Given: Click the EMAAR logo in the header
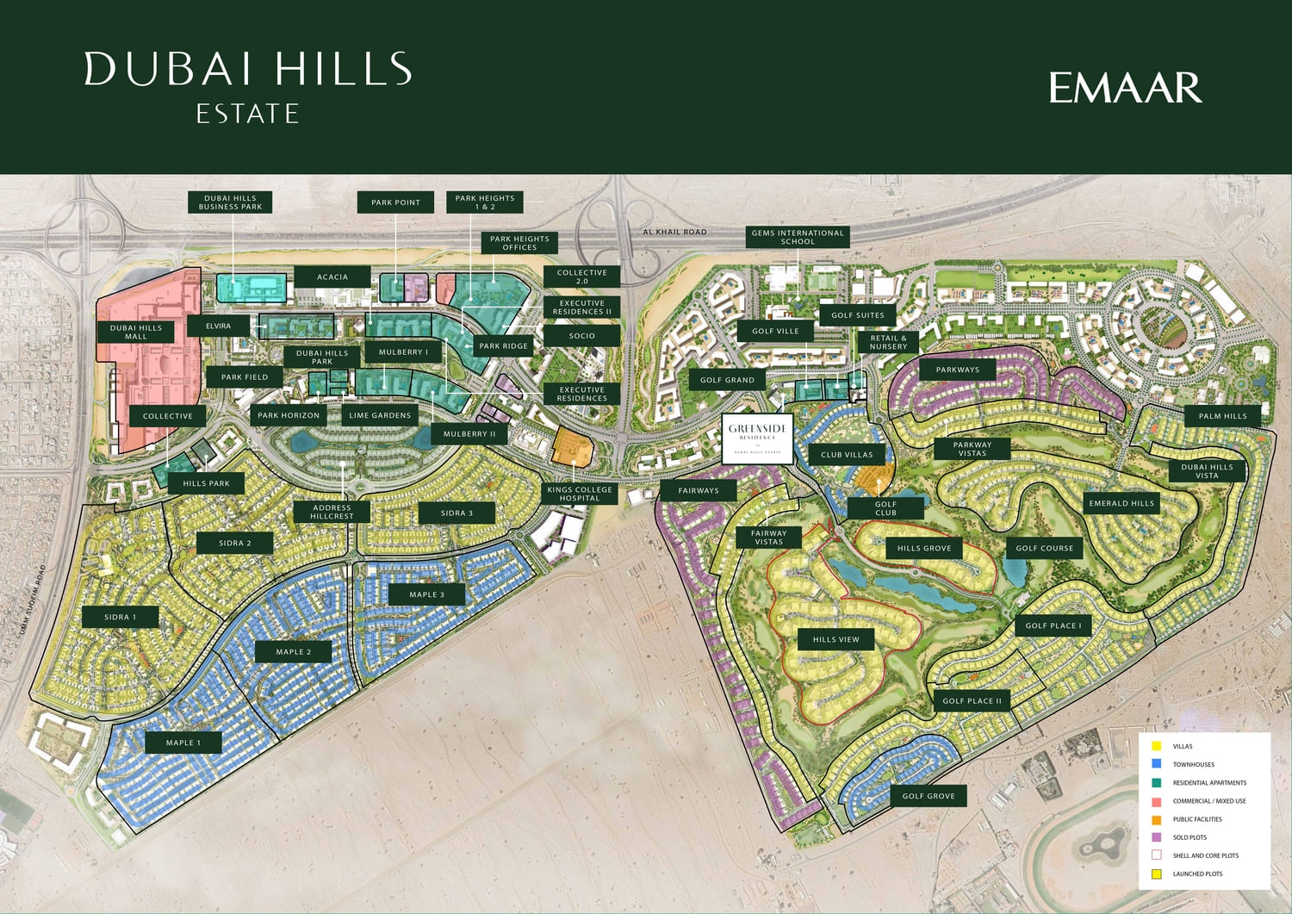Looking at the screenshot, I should tap(1125, 88).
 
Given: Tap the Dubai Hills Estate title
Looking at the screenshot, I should tap(248, 86).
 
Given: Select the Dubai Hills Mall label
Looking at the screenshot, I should tap(136, 332).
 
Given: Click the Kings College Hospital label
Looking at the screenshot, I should tap(580, 494).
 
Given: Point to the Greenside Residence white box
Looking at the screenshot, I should tap(757, 438).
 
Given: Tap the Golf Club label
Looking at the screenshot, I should tap(885, 508).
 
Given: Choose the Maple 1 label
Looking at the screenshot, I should tap(183, 743).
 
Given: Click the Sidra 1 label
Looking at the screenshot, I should tap(121, 617).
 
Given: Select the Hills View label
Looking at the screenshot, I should tap(836, 639).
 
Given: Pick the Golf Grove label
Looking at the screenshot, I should tap(929, 796).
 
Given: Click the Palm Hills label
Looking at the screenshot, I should tap(1223, 416).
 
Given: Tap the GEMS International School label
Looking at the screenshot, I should tap(798, 237).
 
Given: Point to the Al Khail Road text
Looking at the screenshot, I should tap(674, 232).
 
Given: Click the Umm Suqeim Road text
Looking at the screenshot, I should tap(30, 601).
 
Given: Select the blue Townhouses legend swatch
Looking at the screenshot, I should tap(1156, 764).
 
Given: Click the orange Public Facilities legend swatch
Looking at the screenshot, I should tap(1156, 819).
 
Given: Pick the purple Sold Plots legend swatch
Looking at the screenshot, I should tap(1156, 837).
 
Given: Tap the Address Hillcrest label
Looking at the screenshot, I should tap(332, 512).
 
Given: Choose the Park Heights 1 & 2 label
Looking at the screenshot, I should tap(485, 202).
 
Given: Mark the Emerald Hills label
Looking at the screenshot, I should tap(1121, 503).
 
